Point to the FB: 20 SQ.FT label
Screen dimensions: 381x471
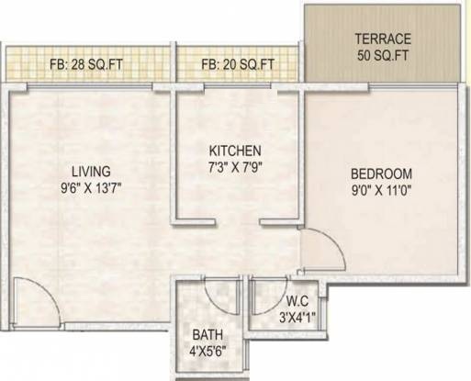(239, 64)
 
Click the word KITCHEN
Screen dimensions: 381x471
(236, 151)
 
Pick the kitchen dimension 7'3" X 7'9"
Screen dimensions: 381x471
(236, 167)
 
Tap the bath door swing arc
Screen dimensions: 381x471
(222, 293)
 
